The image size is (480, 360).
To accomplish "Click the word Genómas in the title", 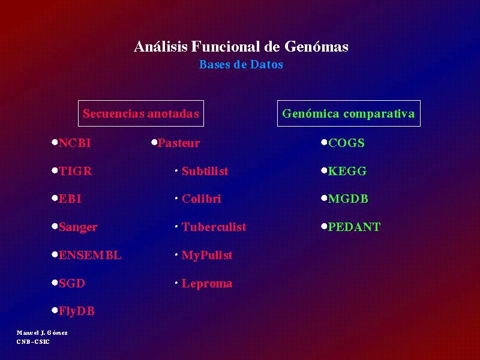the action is point(316,47).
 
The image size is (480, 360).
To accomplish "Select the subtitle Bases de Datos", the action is point(241,64).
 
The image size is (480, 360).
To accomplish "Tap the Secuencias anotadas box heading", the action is point(141,113).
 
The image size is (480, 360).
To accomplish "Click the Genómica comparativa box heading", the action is point(349,113).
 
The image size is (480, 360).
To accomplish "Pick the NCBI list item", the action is point(74,143).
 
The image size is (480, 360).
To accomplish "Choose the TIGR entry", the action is point(75,171).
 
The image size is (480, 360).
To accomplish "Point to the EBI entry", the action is point(70,199).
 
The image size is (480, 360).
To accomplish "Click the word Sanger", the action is point(78,227).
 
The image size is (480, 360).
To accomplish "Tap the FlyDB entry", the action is point(77,311).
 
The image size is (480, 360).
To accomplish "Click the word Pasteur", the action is point(179,143).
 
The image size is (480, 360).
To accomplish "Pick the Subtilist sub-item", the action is point(205,171).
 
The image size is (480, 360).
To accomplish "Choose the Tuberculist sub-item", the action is point(214,227).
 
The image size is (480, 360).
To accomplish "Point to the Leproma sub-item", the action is point(207,284).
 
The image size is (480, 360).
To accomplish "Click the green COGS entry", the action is point(347,143).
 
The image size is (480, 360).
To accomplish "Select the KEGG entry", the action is point(347,171).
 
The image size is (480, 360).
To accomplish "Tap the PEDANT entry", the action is point(355,227).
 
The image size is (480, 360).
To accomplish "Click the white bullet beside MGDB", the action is point(324,199).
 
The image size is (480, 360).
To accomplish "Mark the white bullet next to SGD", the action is point(55,283).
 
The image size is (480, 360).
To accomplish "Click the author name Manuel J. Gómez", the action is point(42,333).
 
